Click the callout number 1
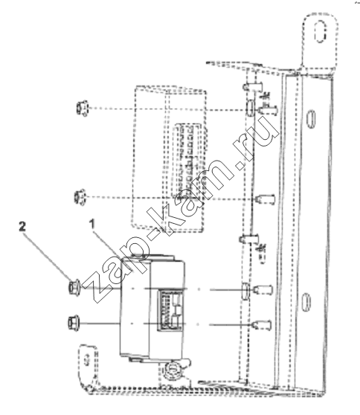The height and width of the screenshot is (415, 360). point(91,224)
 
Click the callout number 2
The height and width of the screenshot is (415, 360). point(22,227)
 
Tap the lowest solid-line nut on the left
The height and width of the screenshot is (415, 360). point(74,323)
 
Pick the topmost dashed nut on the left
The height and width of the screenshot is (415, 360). point(83,109)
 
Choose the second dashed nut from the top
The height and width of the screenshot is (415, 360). point(80,197)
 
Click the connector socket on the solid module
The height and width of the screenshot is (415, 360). point(170,310)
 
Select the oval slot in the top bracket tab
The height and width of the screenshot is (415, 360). point(321,30)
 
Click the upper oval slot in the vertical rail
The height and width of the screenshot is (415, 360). point(310,120)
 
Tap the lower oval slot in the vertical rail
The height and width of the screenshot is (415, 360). point(306,302)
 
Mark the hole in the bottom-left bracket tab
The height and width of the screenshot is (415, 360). point(86,361)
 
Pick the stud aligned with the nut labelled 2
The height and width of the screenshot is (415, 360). point(263,289)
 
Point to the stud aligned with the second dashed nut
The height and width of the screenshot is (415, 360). point(266,199)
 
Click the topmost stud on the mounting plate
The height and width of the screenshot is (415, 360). point(253,86)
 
